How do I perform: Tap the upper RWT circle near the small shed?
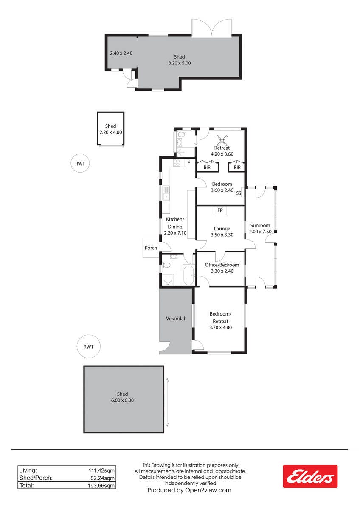(x=80, y=164)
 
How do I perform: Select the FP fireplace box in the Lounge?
(x=220, y=210)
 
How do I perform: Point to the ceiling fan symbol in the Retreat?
(x=222, y=141)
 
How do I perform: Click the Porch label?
(x=151, y=248)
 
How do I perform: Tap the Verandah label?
(x=176, y=319)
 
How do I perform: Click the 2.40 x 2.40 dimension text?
(x=121, y=53)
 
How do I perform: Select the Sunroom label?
(x=260, y=225)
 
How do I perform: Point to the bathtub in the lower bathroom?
(x=188, y=275)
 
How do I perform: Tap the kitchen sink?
(x=166, y=193)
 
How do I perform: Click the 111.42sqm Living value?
(x=101, y=470)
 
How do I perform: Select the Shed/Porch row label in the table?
(x=36, y=478)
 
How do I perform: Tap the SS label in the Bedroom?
(x=239, y=193)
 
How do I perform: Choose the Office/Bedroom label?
(x=222, y=265)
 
